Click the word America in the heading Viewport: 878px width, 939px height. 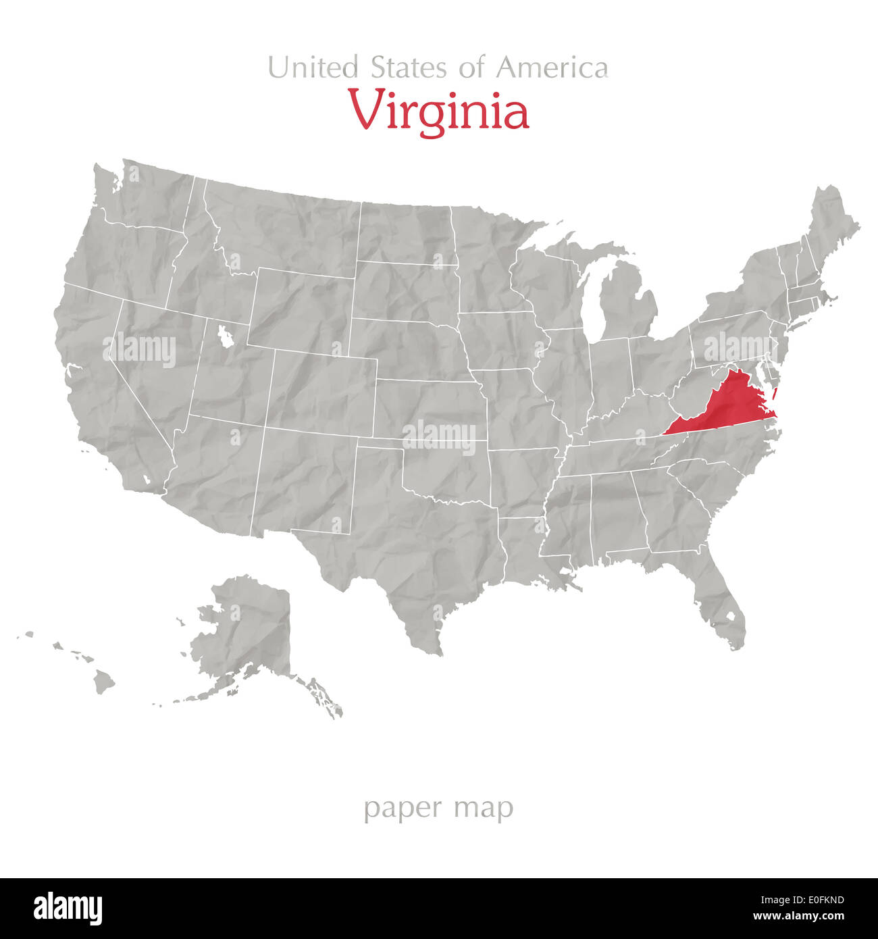tap(552, 68)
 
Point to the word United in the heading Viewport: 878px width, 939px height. tap(313, 68)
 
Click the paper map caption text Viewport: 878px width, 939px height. tap(438, 808)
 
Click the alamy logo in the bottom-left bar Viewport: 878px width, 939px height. tap(68, 909)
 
